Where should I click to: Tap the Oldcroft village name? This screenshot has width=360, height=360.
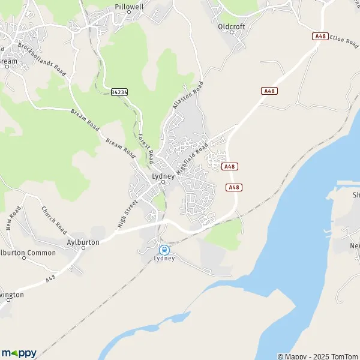coord(232,27)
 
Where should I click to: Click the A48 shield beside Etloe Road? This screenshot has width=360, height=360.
coord(320,37)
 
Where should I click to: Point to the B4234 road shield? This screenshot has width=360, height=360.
coord(119,92)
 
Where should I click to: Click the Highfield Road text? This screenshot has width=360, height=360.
coord(192,154)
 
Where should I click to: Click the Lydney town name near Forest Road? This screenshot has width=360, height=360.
coord(163,176)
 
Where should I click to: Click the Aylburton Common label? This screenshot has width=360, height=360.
coord(28,253)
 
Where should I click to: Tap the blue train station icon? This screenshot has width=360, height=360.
coord(163,249)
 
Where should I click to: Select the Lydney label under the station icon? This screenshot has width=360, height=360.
coord(164,259)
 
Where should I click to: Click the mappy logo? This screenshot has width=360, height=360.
coord(19,353)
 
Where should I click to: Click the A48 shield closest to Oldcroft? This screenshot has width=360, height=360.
coord(270,91)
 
